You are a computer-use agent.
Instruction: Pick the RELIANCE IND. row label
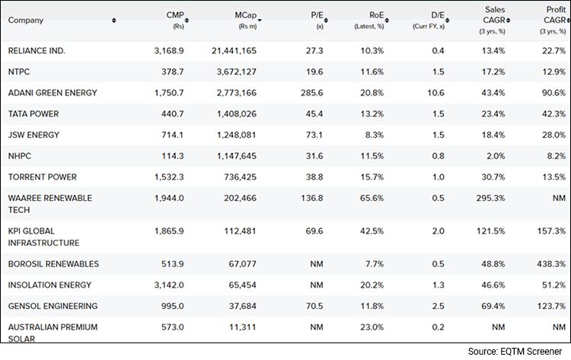(37, 50)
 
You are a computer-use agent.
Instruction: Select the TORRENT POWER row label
(42, 177)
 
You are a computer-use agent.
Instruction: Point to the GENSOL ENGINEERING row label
(53, 306)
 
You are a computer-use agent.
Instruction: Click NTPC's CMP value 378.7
(170, 72)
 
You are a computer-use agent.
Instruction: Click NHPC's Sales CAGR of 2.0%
(496, 156)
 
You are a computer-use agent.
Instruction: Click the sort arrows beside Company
(113, 21)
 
